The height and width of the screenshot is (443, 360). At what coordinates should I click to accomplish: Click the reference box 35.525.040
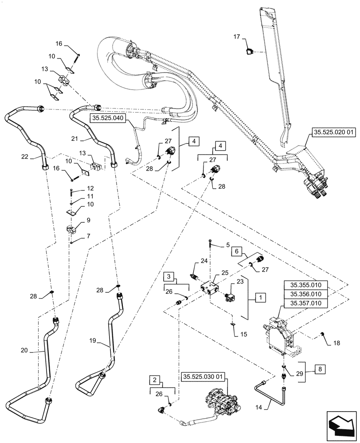click(x=108, y=118)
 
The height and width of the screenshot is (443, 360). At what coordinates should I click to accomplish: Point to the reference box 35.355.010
click(x=305, y=285)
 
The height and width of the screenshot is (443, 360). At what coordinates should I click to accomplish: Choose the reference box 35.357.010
click(x=305, y=303)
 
